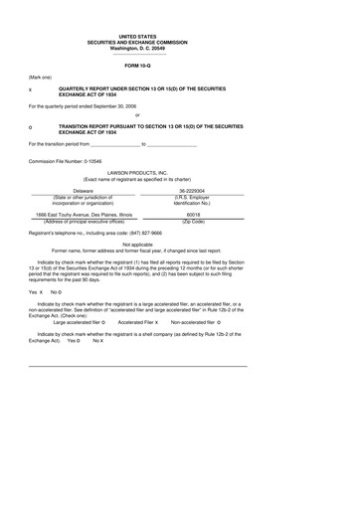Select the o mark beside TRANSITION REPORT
tap(32, 127)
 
